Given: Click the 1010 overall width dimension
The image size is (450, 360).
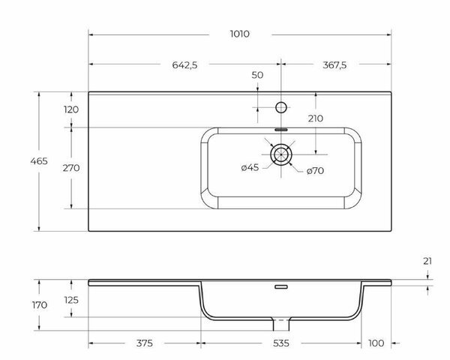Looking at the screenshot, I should [x=240, y=34].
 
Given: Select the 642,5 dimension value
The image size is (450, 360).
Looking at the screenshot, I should [x=184, y=65].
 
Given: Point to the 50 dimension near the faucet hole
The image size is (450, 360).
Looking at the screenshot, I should [x=257, y=75].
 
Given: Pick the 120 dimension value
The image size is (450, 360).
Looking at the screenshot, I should [x=71, y=109].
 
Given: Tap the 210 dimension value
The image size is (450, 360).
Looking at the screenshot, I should [x=315, y=118].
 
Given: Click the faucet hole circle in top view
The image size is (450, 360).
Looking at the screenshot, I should [x=282, y=106].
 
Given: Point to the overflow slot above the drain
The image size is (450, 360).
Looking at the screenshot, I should [x=282, y=129].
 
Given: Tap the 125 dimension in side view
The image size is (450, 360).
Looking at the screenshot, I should [x=71, y=300].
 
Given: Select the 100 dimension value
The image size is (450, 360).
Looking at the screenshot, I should [x=376, y=343].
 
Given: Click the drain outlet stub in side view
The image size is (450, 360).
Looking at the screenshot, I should [x=282, y=325].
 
